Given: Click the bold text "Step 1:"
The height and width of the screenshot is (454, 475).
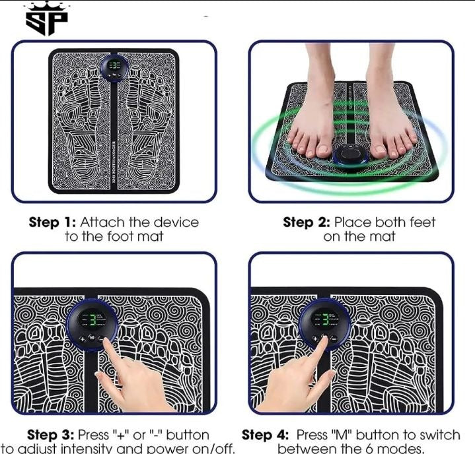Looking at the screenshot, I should click(x=52, y=222).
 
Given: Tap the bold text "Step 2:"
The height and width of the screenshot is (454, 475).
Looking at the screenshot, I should click(x=307, y=222).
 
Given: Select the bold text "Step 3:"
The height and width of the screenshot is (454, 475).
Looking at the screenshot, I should click(x=52, y=436).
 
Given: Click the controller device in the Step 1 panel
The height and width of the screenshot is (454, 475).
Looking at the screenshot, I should click(x=115, y=68).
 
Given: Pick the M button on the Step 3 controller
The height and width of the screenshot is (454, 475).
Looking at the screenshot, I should click(x=91, y=337).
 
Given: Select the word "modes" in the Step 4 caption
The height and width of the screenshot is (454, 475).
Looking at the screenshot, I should click(x=401, y=449).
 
